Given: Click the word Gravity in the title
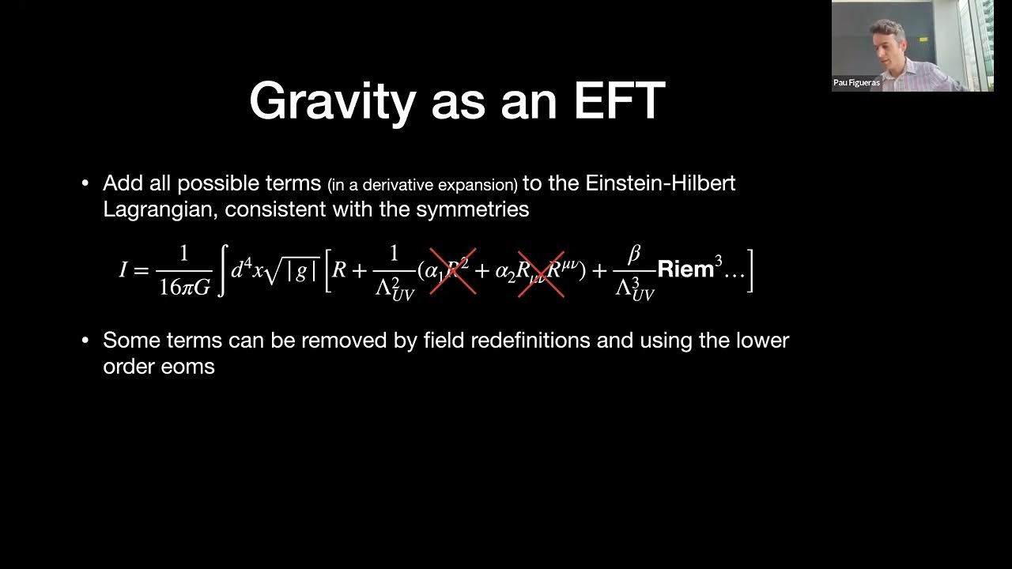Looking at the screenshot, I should tap(332, 101).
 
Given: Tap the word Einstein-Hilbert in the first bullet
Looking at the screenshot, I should tap(660, 183).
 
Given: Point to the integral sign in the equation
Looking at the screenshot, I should tap(222, 270).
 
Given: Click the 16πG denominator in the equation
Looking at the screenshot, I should tap(184, 287).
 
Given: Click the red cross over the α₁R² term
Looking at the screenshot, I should tap(452, 270).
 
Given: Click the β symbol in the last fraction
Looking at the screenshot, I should tap(633, 254).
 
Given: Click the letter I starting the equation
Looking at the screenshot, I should tap(123, 270).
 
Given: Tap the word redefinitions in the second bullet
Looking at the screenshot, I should tap(529, 341).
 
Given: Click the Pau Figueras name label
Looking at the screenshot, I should tap(856, 82).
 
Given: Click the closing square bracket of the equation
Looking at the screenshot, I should tap(750, 270).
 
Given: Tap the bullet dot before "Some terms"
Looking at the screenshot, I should tap(85, 341).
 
